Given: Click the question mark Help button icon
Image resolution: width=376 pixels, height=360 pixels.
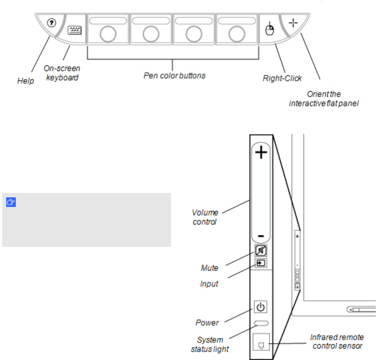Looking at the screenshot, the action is point(51,23).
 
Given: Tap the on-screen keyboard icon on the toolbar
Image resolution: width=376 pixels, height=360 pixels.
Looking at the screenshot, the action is point(75,30).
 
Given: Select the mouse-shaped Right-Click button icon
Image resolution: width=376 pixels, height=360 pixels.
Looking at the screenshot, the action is point(269,29).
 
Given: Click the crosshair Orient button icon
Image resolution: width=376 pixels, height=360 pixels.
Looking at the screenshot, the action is point(293,23).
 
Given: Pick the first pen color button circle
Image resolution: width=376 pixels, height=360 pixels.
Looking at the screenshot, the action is point(108,34).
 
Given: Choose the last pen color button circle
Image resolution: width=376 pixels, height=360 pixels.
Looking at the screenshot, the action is point(236,34).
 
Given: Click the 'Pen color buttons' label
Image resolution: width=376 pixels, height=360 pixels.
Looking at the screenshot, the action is point(175,75).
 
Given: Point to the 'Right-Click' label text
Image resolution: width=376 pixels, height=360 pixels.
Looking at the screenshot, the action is point(282,78).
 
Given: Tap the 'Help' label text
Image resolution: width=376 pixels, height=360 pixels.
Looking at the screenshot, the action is point(25,81).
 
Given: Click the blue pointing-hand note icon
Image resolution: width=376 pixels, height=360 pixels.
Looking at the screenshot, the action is point(11,202).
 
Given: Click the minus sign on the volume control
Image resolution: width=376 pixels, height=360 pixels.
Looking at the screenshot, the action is point(261,236).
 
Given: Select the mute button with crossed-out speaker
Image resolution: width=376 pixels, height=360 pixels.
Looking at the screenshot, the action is point(261,251).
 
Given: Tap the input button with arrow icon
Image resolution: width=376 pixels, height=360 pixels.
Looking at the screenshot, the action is point(261,263).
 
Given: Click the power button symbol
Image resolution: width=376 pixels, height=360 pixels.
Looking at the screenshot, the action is point(261,307).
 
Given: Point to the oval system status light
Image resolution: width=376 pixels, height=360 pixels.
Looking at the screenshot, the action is point(261,323).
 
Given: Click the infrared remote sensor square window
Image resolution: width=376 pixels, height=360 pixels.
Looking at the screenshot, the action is point(261,342).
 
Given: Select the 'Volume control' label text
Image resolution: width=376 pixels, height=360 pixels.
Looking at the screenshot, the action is point(205,217).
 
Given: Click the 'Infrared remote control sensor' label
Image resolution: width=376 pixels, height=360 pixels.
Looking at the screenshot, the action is point(337,342).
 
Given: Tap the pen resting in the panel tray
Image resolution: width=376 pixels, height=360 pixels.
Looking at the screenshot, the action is point(362,310).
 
